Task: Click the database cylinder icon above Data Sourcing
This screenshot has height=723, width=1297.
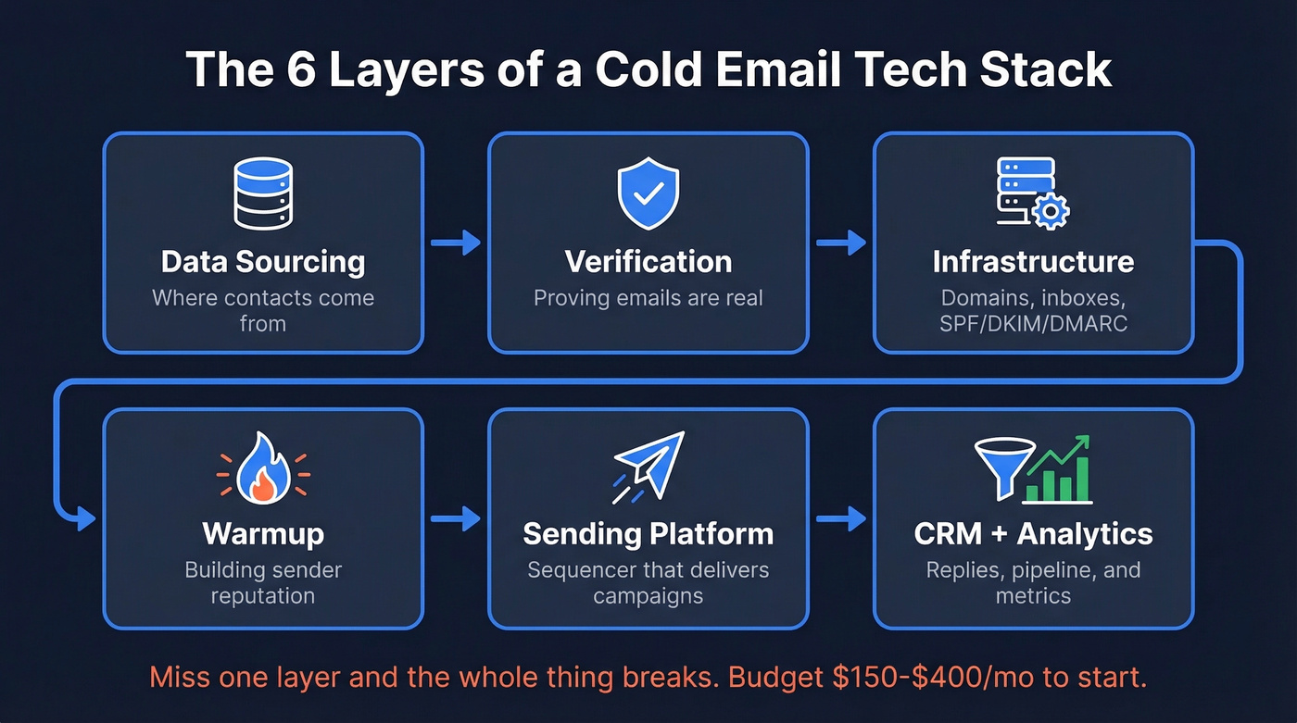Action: tap(263, 193)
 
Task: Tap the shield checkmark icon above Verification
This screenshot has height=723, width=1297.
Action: tap(648, 193)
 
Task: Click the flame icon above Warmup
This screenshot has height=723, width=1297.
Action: tap(263, 471)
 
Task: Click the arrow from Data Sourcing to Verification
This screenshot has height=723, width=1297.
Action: tap(456, 243)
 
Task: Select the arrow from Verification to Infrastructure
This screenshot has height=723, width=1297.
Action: tap(840, 243)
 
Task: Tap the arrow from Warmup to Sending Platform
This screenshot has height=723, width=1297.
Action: tap(456, 518)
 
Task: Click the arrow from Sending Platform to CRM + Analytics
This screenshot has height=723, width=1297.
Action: tap(840, 518)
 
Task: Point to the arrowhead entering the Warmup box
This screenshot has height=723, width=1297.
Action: tap(85, 518)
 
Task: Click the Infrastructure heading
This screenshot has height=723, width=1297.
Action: tap(1033, 261)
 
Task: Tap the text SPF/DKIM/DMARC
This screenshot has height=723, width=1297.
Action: tap(1033, 323)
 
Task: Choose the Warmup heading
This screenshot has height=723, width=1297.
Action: tap(263, 534)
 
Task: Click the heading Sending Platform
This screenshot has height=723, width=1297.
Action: tap(648, 534)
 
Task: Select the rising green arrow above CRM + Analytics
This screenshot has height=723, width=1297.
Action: tap(1064, 453)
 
